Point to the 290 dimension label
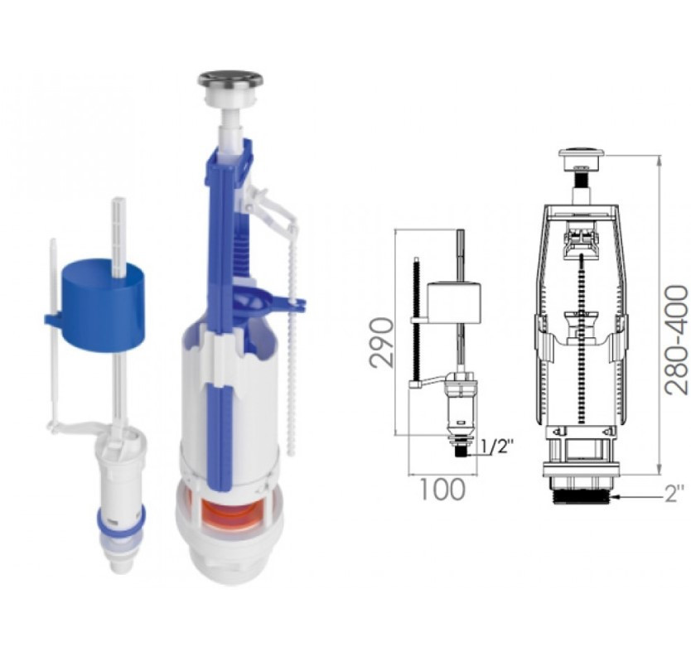(381, 342)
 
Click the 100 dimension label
(442, 490)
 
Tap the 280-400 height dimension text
(676, 340)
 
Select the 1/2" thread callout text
(497, 448)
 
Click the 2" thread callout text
(674, 494)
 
